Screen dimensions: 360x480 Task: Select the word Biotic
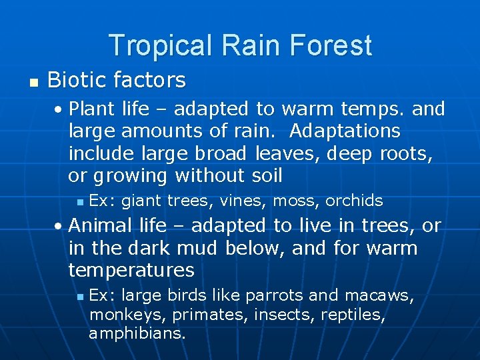[x=75, y=81]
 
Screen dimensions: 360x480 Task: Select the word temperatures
[x=131, y=271]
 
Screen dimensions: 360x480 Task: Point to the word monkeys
[x=117, y=314]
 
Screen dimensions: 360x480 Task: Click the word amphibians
[x=137, y=333]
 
